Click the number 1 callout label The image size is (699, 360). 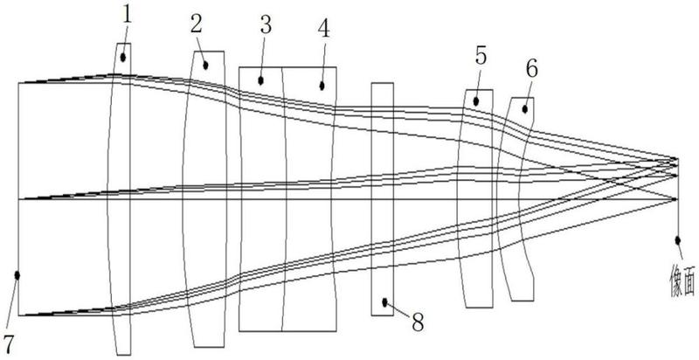pyautogui.click(x=128, y=16)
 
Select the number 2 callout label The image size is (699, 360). pyautogui.click(x=196, y=25)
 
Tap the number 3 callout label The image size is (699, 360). pyautogui.click(x=266, y=26)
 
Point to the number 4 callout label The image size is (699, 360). pyautogui.click(x=323, y=29)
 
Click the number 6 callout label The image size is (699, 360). pyautogui.click(x=531, y=69)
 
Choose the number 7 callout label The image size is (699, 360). pyautogui.click(x=10, y=344)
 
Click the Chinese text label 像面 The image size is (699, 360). pyautogui.click(x=682, y=280)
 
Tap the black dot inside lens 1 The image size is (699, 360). pyautogui.click(x=123, y=58)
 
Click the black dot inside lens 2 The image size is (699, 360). pyautogui.click(x=205, y=66)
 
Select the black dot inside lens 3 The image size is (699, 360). pyautogui.click(x=260, y=80)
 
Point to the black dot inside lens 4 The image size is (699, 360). pyautogui.click(x=322, y=86)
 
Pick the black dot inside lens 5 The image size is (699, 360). pyautogui.click(x=476, y=101)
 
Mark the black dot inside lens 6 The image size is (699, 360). pyautogui.click(x=525, y=108)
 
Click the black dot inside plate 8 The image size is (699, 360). pyautogui.click(x=384, y=302)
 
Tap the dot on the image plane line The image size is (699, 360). pyautogui.click(x=678, y=240)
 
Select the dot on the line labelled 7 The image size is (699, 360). pyautogui.click(x=17, y=275)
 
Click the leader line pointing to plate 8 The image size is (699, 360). pyautogui.click(x=398, y=309)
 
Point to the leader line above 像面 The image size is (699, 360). pyautogui.click(x=680, y=251)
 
